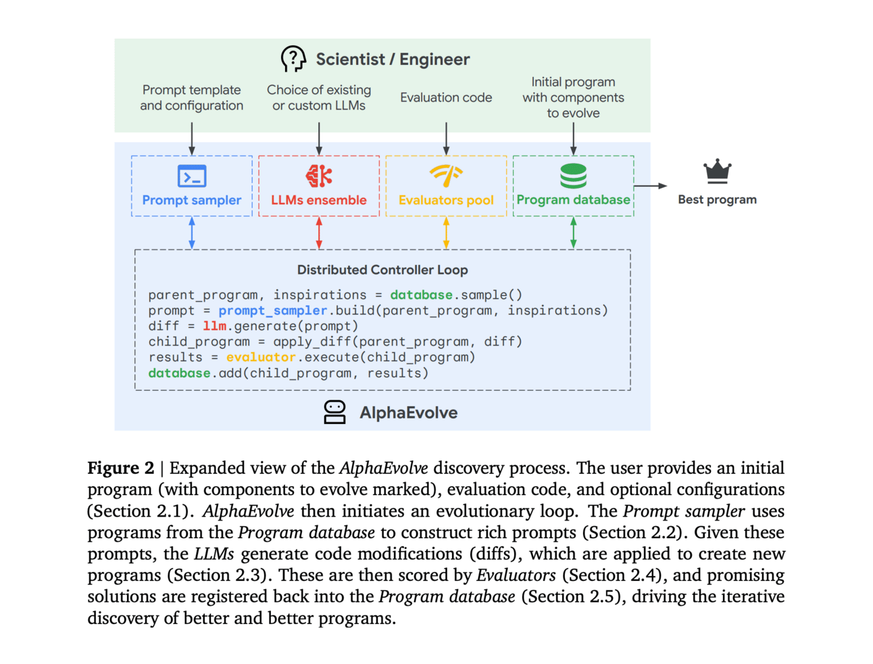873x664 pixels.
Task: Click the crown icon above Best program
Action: (717, 171)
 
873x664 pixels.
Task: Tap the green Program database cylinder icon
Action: (573, 176)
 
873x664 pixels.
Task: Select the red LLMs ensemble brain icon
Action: (319, 176)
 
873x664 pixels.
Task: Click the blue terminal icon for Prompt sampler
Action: (192, 176)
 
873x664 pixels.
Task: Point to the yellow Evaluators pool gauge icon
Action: (446, 175)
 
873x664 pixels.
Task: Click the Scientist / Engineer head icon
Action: (293, 59)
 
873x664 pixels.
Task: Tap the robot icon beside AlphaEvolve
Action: (334, 412)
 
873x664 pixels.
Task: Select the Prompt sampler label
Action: (192, 200)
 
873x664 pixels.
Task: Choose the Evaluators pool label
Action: (446, 200)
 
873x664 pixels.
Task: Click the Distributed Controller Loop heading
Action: (382, 270)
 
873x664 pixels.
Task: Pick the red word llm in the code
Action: (214, 326)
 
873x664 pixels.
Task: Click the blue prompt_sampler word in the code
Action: (273, 310)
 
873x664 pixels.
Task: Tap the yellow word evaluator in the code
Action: (261, 357)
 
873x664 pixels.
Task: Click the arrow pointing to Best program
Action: (651, 186)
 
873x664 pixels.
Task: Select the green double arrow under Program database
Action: (573, 233)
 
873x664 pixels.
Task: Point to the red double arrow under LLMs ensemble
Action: (319, 233)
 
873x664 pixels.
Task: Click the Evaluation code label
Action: (446, 97)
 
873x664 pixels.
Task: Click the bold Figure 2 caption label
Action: (121, 468)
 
